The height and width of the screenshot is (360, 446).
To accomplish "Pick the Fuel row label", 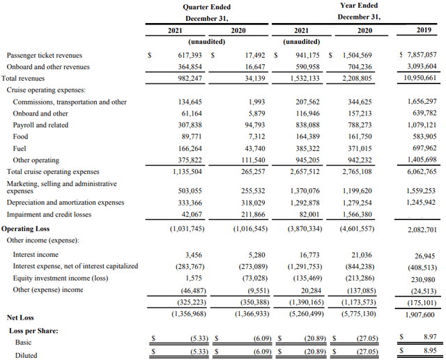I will pos(20,148).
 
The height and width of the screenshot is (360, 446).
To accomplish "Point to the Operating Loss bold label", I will pos(26,228).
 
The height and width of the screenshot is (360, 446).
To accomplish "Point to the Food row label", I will pos(20,136).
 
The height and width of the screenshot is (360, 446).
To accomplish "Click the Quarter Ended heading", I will pos(206,6).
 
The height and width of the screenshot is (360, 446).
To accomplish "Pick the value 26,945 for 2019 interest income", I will pos(424,256).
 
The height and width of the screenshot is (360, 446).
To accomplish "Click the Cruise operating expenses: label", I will pos(46,90).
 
